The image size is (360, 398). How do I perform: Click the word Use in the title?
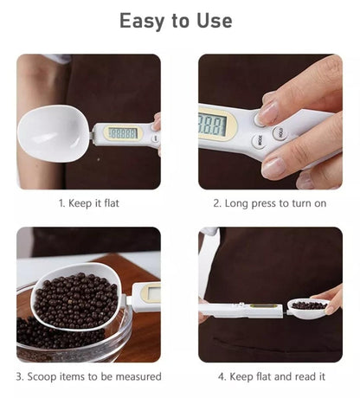[x=215, y=21]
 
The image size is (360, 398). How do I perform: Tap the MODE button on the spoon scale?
[x=260, y=142]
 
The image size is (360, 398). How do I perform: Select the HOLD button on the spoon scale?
[x=280, y=133]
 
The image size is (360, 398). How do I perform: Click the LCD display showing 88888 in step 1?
[x=123, y=133]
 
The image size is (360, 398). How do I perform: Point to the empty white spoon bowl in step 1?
[x=54, y=133]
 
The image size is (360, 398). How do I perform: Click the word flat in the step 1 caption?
[x=112, y=203]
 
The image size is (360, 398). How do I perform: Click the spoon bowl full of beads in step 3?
[x=75, y=297]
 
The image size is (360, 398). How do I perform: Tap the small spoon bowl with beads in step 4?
[x=309, y=308]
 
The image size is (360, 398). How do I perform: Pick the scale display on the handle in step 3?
[x=153, y=293]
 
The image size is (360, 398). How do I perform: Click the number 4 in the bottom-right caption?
[x=221, y=376]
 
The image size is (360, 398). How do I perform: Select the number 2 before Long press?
[x=216, y=203]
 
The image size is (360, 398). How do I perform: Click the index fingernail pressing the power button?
[x=267, y=112]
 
